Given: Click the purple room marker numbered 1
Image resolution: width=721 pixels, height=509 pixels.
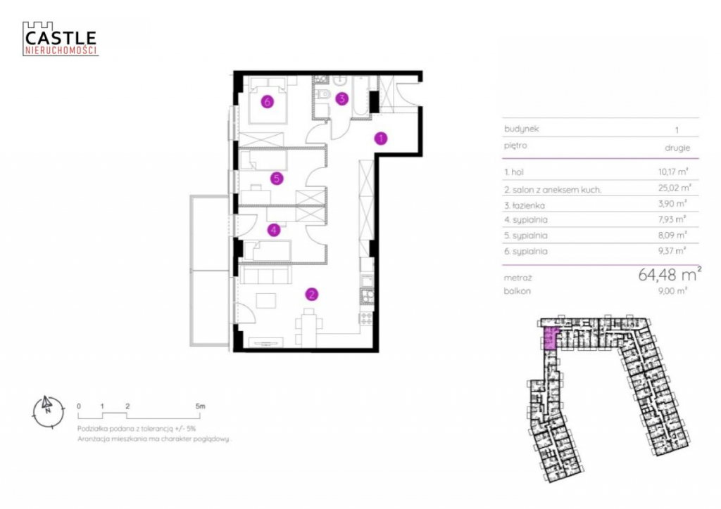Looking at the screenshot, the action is [381, 138].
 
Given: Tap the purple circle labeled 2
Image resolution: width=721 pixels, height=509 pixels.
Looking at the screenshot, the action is [312, 294].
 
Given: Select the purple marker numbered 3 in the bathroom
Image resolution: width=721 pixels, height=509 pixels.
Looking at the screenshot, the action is [341, 98].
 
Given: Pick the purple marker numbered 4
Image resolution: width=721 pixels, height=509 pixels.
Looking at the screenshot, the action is [274, 229].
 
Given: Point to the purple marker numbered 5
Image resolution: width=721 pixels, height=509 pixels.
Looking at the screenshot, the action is [277, 178].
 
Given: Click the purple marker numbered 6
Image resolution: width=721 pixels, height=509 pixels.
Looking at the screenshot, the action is [267, 101].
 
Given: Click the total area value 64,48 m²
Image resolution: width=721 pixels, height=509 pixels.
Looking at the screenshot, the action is [670, 274].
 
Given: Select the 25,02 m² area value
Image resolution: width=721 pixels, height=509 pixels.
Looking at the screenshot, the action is [675, 188].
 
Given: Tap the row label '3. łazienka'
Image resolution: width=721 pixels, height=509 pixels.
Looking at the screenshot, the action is [525, 205].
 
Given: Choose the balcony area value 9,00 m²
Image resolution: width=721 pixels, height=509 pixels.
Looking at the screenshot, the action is [672, 290].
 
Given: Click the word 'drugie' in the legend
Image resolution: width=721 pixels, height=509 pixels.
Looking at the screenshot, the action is [677, 148].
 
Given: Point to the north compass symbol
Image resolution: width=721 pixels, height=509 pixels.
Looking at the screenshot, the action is [49, 411].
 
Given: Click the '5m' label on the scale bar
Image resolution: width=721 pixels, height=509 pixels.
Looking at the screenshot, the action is [200, 406].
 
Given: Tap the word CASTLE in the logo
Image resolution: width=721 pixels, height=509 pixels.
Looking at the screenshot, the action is [61, 39].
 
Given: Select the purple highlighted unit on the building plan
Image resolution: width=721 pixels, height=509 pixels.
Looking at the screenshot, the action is [549, 339].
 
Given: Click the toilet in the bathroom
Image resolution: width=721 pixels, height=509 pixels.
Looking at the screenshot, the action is [324, 94].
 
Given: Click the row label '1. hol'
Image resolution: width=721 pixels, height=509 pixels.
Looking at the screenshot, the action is [513, 172].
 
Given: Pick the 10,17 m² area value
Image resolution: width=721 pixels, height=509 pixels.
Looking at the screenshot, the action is [673, 172].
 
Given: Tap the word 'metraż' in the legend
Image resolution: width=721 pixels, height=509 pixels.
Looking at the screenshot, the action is [518, 278].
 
